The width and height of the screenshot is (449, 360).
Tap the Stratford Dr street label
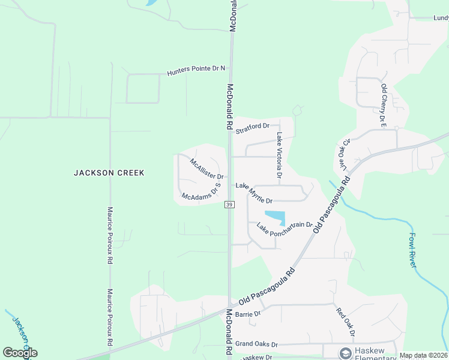point(253,127)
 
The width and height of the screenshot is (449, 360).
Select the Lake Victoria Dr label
point(279,155)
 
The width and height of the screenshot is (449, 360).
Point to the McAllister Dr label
point(206,169)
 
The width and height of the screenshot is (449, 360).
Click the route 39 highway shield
point(229,205)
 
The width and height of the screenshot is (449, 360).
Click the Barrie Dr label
point(248,314)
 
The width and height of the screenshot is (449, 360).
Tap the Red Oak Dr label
point(346,322)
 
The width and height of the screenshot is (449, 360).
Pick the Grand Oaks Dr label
point(256,344)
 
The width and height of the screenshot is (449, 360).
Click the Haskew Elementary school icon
point(345,352)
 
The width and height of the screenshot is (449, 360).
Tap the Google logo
point(20,353)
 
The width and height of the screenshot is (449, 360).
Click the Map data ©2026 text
point(423,355)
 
